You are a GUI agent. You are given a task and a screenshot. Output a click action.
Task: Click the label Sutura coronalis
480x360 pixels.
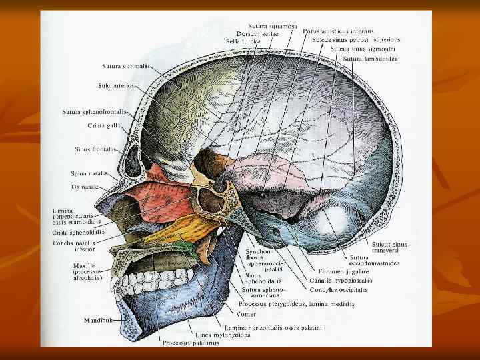[126, 66]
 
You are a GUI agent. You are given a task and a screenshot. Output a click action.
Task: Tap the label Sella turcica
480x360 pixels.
[243, 41]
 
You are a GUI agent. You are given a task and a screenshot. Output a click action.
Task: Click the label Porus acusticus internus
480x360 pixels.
[338, 31]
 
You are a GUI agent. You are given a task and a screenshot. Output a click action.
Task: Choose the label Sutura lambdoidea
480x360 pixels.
[371, 59]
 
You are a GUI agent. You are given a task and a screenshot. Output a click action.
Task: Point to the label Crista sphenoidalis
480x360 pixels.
[77, 233]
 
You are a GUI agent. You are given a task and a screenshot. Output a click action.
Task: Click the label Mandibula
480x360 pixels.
[98, 321]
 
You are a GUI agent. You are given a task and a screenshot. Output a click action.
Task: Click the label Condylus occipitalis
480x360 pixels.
[339, 290]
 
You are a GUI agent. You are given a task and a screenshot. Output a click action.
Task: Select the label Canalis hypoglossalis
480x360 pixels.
[341, 281]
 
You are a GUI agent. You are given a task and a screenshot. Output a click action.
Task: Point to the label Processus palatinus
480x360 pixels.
[181, 344]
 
